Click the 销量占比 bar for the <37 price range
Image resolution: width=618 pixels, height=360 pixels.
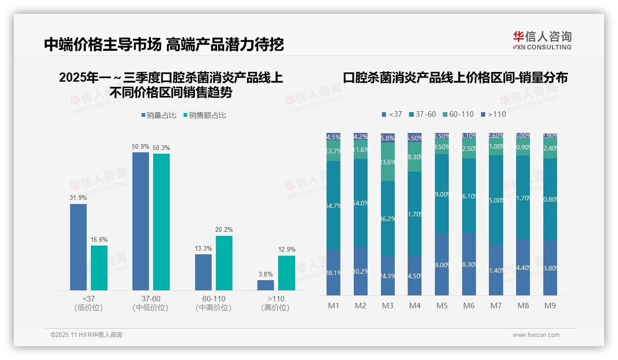pos(78,247)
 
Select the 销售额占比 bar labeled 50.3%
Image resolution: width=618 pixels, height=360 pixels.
pos(161,222)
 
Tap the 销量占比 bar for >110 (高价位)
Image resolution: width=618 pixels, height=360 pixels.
pos(266,285)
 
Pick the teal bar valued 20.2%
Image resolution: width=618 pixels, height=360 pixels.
pos(224,263)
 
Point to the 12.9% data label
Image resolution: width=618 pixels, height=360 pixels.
pos(286,249)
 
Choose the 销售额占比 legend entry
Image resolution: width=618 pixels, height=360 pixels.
pos(205,115)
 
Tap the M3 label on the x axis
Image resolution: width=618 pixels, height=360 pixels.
pos(388,306)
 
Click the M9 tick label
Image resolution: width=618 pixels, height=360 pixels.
pos(550,306)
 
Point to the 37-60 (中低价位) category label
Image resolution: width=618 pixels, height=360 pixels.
pos(150,303)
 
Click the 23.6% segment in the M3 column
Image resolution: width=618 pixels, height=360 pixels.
pos(388,162)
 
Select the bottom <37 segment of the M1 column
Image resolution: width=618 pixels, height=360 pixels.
pos(333,272)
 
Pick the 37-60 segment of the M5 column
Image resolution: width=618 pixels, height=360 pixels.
pos(442,194)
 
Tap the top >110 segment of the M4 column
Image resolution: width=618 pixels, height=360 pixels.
pos(415,138)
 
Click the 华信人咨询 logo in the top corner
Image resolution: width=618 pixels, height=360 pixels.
pos(542,40)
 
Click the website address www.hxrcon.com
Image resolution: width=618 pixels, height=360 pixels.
pos(536,335)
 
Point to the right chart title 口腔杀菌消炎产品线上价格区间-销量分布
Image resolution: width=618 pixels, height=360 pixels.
pos(455,78)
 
